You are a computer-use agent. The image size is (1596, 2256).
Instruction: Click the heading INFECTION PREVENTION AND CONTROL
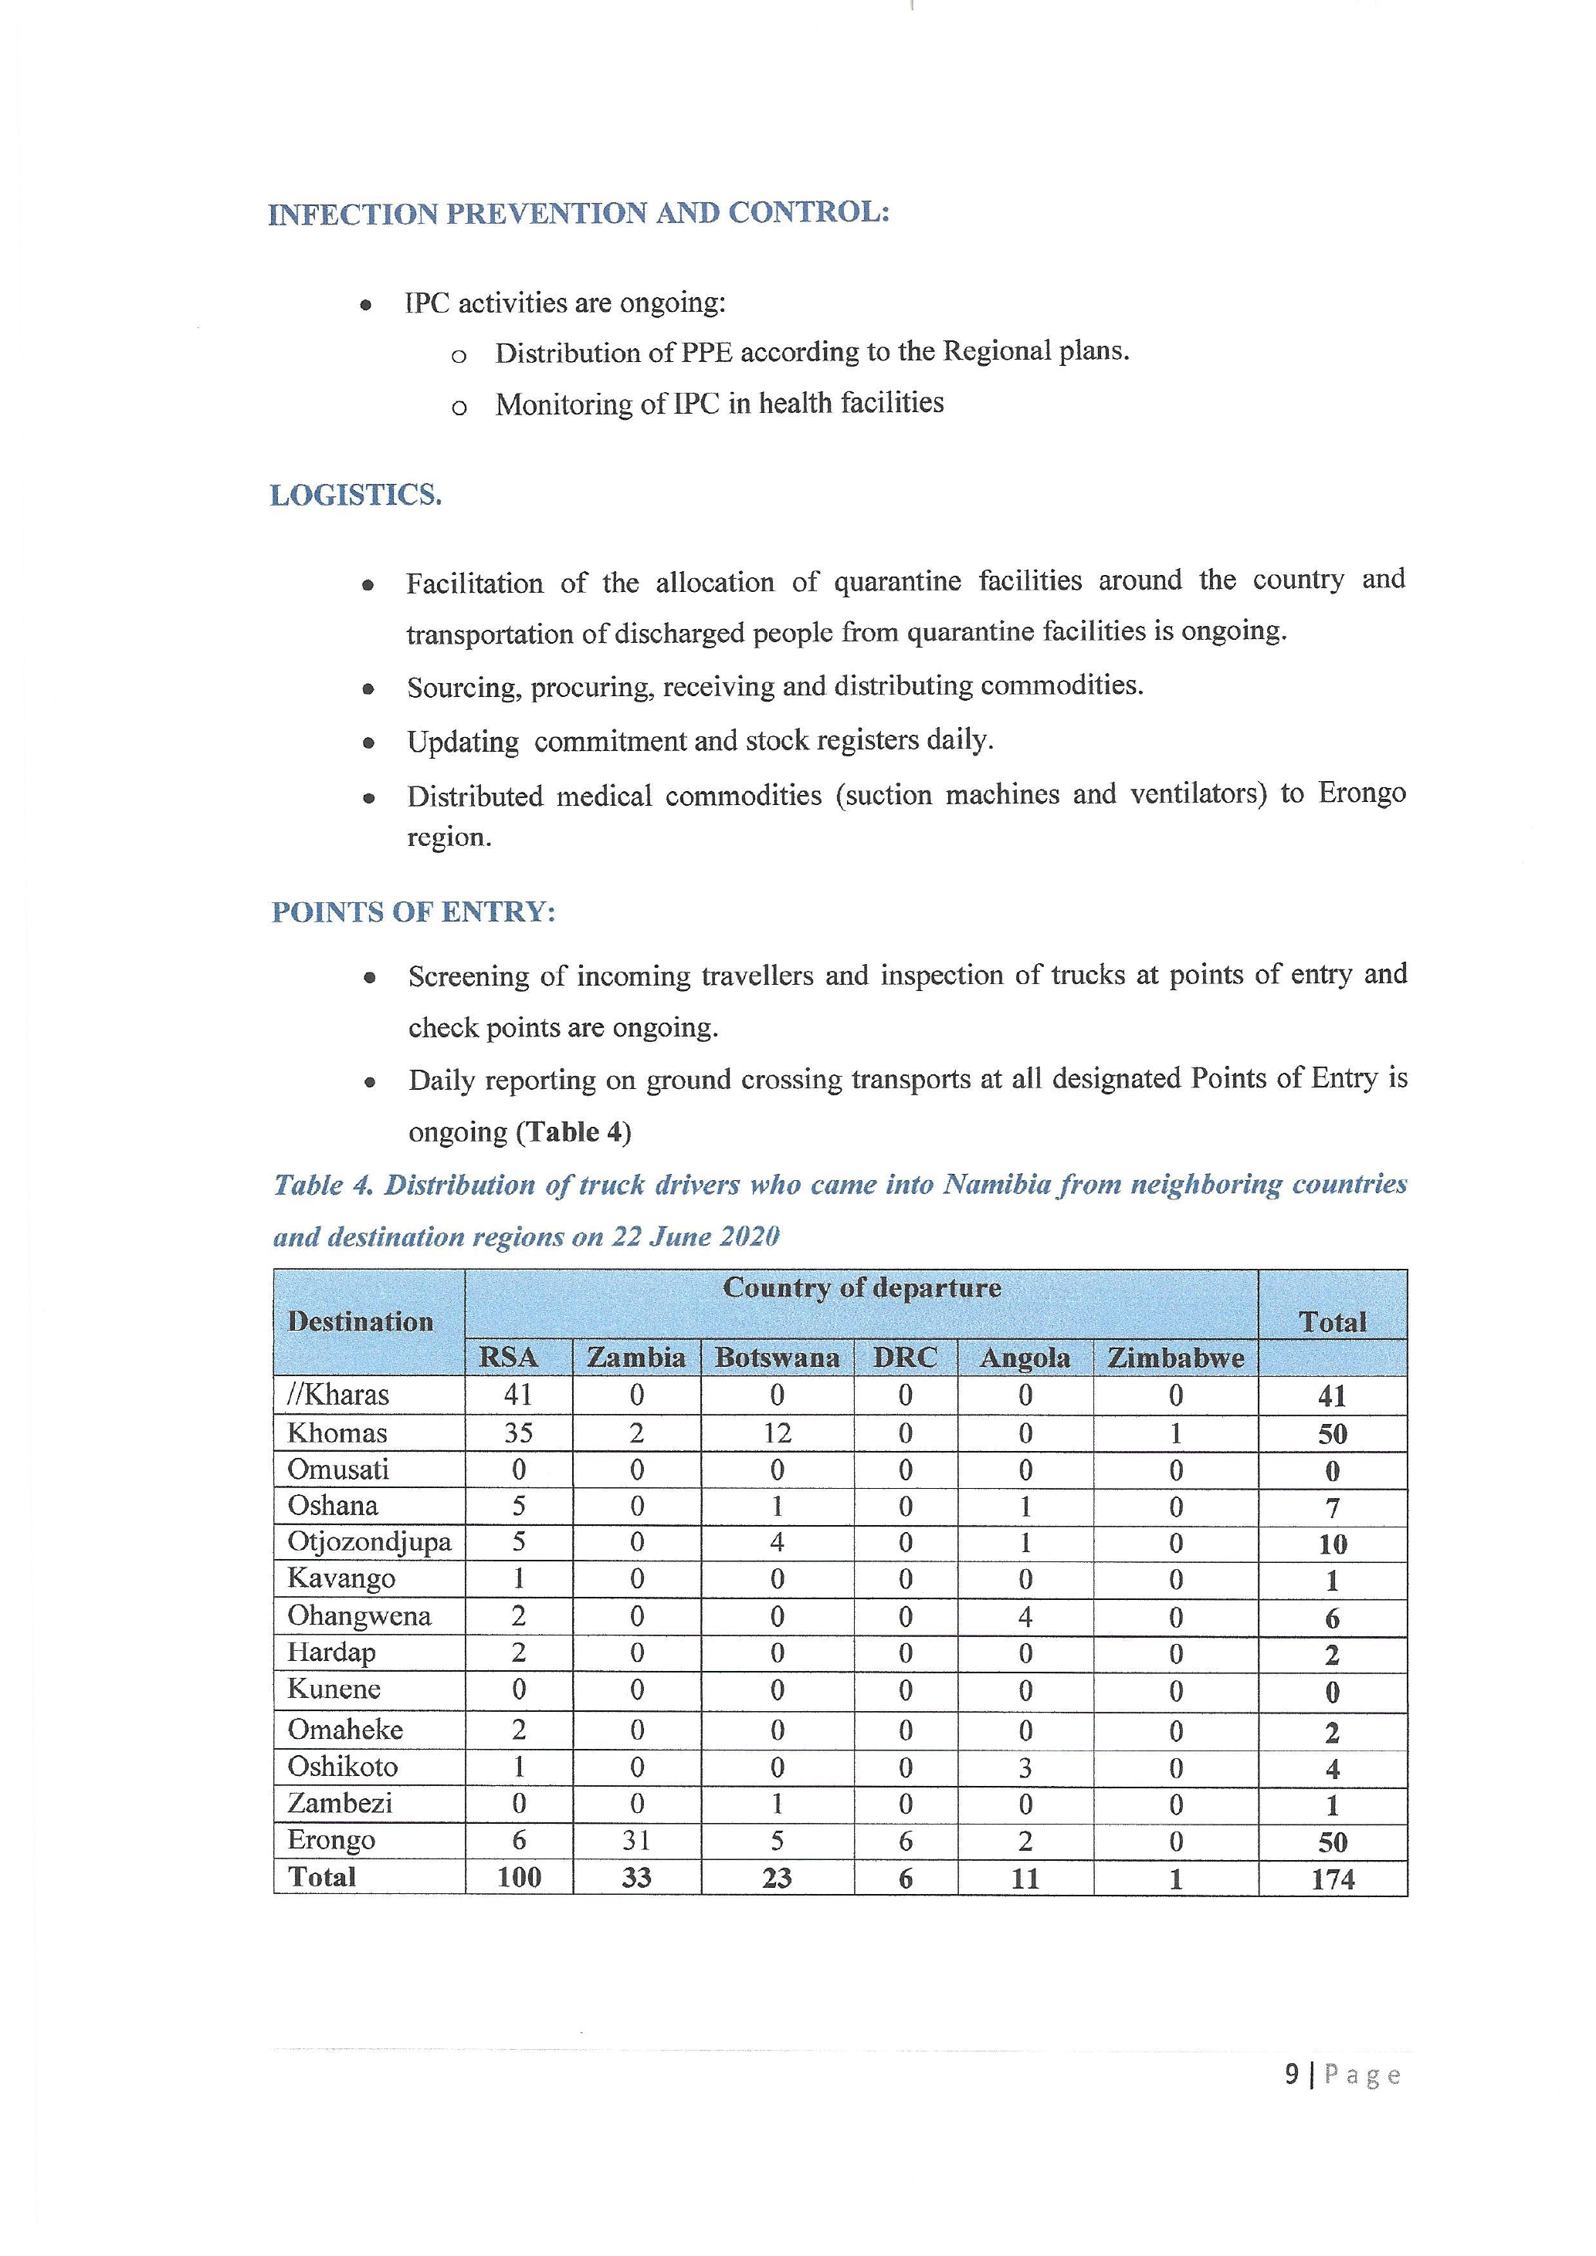[579, 213]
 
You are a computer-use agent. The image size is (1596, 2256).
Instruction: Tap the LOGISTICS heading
[356, 496]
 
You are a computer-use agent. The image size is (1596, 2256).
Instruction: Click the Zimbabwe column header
[1175, 1358]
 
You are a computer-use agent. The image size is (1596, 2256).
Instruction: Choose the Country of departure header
[861, 1288]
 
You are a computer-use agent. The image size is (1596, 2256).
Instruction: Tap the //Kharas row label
[338, 1395]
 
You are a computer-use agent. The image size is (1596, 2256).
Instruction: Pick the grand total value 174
[1332, 1879]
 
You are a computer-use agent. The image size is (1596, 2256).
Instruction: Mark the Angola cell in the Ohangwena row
[1025, 1617]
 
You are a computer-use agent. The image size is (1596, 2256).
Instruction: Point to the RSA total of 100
[519, 1878]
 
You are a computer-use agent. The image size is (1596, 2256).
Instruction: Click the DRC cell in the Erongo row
[905, 1842]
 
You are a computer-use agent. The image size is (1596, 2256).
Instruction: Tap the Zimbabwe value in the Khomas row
[1175, 1433]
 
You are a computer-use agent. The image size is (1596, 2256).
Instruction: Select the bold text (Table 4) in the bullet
[574, 1132]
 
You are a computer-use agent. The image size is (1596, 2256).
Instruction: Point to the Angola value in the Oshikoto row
[1025, 1767]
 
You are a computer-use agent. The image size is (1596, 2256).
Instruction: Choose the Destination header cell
[361, 1321]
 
